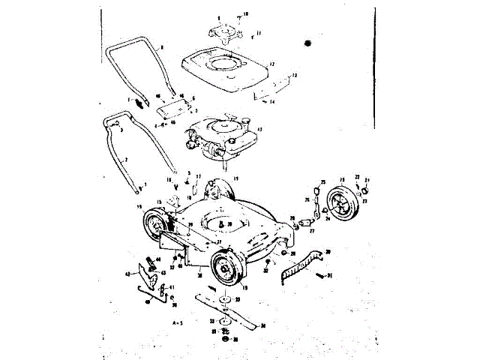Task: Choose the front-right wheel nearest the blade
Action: coord(226,269)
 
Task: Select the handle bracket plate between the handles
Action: coord(170,110)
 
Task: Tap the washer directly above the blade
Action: coord(224,300)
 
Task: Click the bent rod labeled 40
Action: coord(147,293)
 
